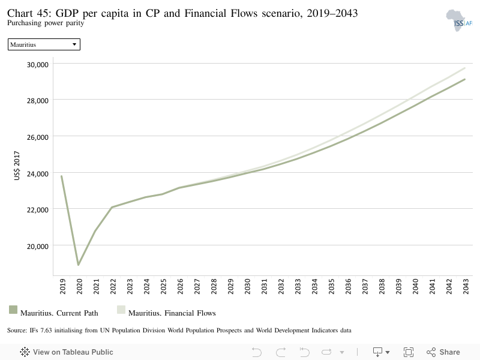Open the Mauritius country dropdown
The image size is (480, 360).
(x=44, y=44)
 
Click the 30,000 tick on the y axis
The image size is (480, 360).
(x=38, y=65)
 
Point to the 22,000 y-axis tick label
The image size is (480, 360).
(x=38, y=210)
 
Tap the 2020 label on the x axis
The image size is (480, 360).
(x=80, y=286)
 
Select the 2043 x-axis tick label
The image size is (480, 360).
(x=466, y=286)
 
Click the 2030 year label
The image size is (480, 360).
(x=248, y=286)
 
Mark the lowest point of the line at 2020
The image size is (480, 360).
(x=79, y=265)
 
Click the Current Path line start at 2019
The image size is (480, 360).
(x=62, y=176)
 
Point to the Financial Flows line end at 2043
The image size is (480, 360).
(x=464, y=68)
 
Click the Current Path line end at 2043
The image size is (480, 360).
(x=464, y=79)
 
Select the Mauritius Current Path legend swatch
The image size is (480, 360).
(x=13, y=310)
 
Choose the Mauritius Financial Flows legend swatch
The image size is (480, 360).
(x=121, y=310)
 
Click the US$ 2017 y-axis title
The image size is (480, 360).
(x=17, y=166)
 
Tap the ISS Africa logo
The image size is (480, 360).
(x=459, y=20)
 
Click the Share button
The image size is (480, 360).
(x=443, y=352)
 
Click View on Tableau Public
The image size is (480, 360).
(x=67, y=352)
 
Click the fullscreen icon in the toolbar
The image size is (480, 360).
(x=409, y=352)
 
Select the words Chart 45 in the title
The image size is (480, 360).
(x=29, y=13)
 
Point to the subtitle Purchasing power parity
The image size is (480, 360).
(x=46, y=23)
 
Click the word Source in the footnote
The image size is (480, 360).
(x=17, y=331)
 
